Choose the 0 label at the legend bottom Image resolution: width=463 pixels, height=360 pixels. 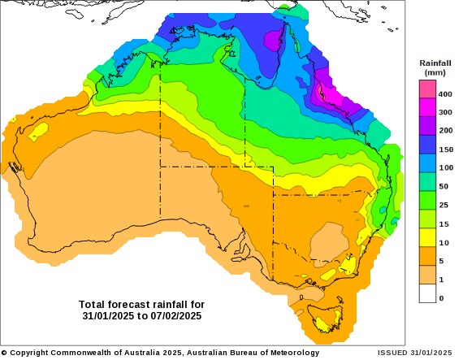coord(441,298)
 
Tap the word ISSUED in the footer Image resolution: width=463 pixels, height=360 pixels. coord(394,353)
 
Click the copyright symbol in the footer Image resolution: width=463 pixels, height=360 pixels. coord(4,353)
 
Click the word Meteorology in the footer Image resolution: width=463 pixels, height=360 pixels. coord(291,353)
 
